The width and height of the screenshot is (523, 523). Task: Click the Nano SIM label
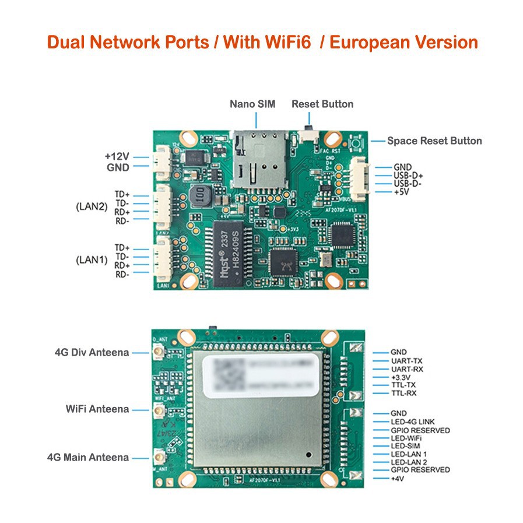pos(250,104)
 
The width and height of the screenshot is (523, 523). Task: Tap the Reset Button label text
pos(322,104)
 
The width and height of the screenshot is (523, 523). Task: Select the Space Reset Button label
pos(434,141)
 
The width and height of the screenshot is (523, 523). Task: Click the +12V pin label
pos(117,157)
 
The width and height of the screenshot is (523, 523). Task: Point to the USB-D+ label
pos(408,175)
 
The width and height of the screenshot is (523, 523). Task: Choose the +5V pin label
pos(402,192)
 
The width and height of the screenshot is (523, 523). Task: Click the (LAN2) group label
pos(92,207)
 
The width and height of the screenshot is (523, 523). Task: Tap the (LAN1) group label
pos(92,260)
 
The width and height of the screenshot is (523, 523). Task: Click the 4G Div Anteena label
pos(92,353)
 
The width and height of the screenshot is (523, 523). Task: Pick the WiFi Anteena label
pos(97,409)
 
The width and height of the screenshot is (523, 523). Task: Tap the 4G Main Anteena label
pos(88,458)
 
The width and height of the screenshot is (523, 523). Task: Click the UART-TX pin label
pos(406,361)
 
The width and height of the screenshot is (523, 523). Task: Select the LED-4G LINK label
pos(412,422)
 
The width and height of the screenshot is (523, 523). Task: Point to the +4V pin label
pos(398,479)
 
